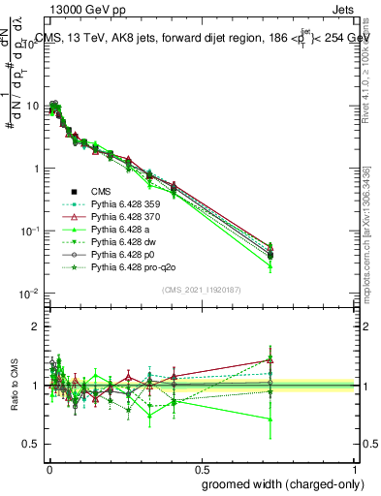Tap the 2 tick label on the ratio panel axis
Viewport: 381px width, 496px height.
(x=37, y=326)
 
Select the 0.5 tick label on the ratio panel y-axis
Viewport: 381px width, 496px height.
(x=33, y=445)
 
